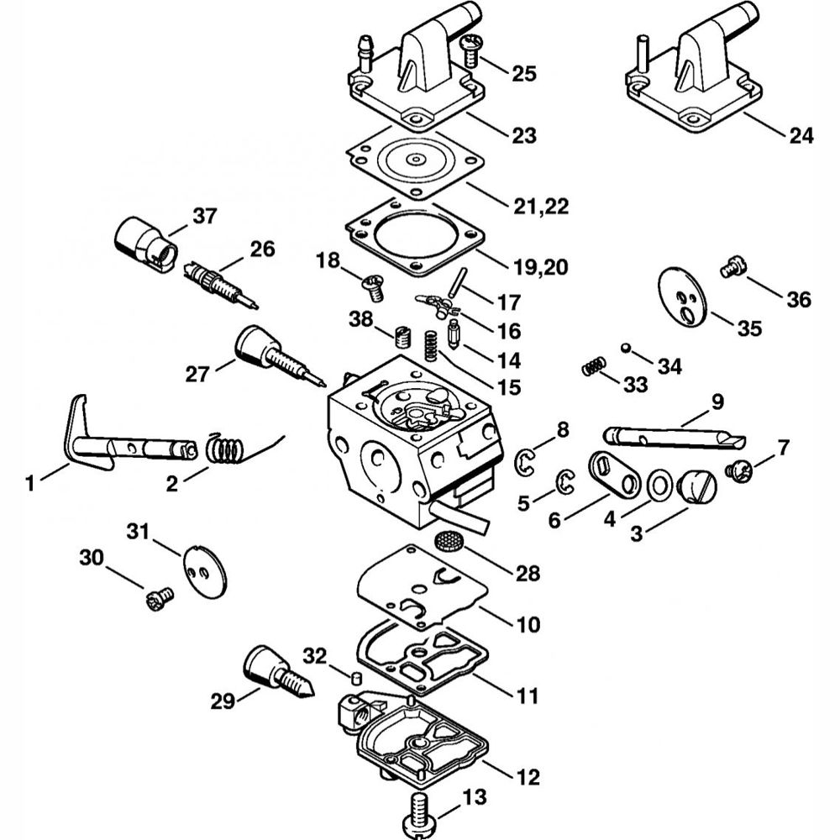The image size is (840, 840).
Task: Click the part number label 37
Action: (x=205, y=217)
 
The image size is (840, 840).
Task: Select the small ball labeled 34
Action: (x=625, y=348)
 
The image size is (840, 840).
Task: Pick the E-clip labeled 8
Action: (x=525, y=462)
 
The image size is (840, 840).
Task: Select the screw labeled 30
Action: (x=160, y=598)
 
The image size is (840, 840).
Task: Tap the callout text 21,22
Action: (x=541, y=207)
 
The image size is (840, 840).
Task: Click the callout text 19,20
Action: (x=540, y=267)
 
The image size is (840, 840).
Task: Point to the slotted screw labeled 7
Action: (x=739, y=471)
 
